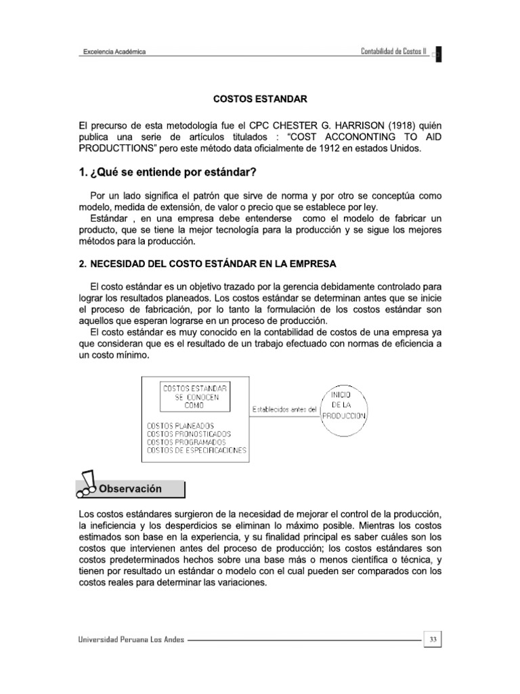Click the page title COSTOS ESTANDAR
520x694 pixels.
(x=260, y=99)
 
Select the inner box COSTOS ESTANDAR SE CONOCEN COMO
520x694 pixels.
(x=194, y=396)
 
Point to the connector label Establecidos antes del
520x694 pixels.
(x=284, y=409)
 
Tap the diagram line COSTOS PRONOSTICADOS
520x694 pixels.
(x=188, y=434)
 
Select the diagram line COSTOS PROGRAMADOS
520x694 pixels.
(x=187, y=442)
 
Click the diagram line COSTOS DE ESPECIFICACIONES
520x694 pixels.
(x=196, y=450)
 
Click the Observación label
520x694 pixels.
(x=131, y=489)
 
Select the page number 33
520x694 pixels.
(x=433, y=638)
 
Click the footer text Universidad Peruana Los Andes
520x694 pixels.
(x=131, y=638)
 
